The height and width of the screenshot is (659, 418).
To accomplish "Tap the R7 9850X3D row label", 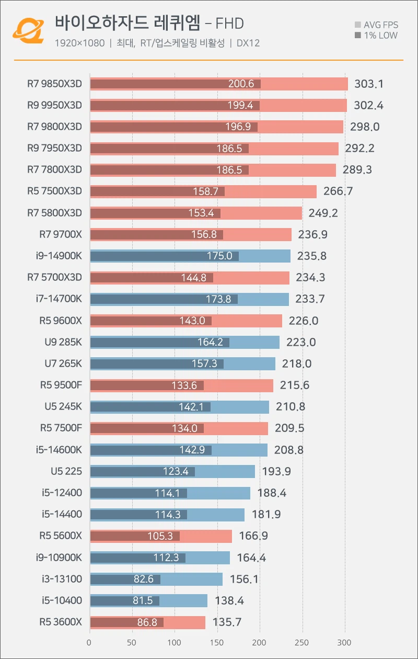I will coord(55,84).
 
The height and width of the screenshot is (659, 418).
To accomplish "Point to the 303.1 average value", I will coord(369,84).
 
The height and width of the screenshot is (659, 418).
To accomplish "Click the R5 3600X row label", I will coord(61,622).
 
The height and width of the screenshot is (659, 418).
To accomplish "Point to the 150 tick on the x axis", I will coord(217,642).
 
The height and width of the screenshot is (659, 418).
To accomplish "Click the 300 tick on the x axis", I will coord(344,642).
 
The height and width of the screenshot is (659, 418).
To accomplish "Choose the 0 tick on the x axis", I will coord(89,642).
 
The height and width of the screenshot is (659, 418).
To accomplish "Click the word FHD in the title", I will coord(229,24).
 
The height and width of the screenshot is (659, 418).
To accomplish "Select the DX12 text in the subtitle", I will coord(248,43).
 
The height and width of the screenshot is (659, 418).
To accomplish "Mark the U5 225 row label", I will coord(66,471).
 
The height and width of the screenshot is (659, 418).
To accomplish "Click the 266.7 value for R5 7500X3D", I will coord(338,191).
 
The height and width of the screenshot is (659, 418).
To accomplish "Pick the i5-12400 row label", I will coord(62,493).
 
